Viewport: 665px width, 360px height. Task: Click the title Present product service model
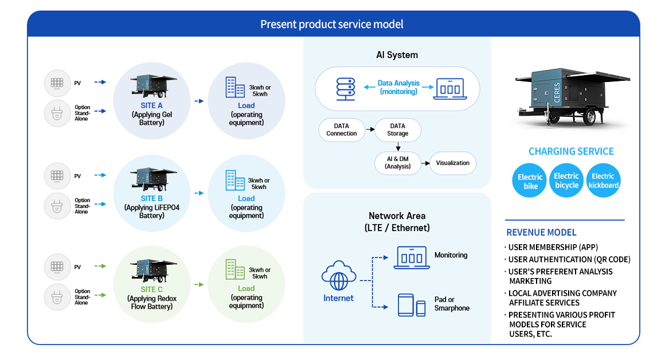pos(332,24)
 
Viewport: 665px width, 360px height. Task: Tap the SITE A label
pos(151,105)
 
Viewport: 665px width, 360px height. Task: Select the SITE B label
pos(151,198)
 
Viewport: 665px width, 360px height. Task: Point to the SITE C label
pos(151,289)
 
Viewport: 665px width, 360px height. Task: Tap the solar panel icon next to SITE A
pos(57,83)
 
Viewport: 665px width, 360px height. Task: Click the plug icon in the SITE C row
pos(57,297)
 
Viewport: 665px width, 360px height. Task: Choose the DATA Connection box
pos(342,130)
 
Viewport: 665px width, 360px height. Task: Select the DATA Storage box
pos(397,130)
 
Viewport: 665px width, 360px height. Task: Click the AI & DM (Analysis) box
pos(397,163)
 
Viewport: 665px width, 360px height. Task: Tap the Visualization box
pos(452,163)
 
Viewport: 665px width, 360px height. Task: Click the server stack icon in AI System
pos(345,89)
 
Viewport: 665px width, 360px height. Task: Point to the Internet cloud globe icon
pos(338,276)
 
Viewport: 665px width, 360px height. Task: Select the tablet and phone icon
pos(412,305)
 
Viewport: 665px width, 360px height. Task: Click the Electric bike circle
pos(530,181)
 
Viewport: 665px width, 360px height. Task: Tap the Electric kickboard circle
pos(603,181)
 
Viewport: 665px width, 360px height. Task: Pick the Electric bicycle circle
pos(566,181)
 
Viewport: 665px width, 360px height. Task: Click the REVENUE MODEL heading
pos(541,232)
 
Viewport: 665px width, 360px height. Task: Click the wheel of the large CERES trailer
pos(589,116)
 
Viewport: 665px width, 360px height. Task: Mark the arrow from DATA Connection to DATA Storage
pos(370,130)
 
